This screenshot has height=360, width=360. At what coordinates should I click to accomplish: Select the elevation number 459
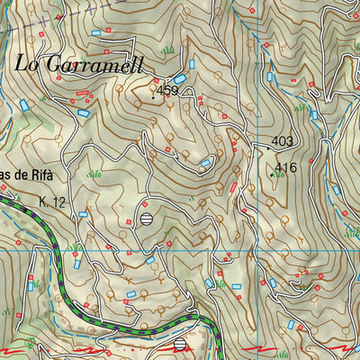coord(166,90)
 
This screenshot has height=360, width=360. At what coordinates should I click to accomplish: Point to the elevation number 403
coord(283,142)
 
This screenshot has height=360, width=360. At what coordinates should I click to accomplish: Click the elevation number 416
coord(286,168)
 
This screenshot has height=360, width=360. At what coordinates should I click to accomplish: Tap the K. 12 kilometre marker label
coord(53,202)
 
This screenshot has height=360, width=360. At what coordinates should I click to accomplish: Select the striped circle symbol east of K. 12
coord(147,217)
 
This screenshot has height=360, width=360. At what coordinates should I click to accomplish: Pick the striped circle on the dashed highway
coord(181,345)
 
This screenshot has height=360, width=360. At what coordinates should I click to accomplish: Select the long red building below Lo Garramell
coord(83,93)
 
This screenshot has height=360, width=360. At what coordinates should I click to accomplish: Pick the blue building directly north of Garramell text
coord(95,32)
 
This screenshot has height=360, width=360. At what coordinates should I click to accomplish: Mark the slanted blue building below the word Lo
coord(25,104)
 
